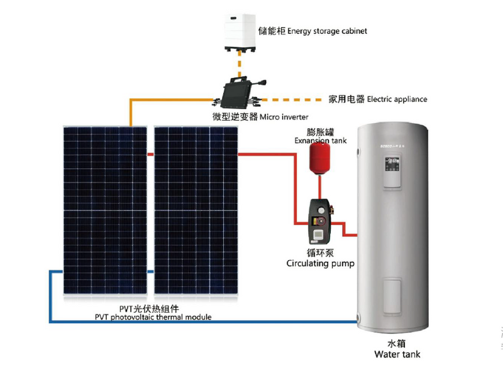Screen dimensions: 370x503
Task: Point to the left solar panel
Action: tap(106, 210)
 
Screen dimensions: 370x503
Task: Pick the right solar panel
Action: tap(197, 210)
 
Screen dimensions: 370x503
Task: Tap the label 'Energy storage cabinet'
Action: tap(327, 30)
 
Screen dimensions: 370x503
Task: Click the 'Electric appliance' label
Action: tap(397, 99)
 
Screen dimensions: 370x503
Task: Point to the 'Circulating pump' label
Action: tap(320, 264)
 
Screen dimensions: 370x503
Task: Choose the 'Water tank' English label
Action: tap(397, 354)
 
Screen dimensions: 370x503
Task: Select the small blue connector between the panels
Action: tap(151, 272)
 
